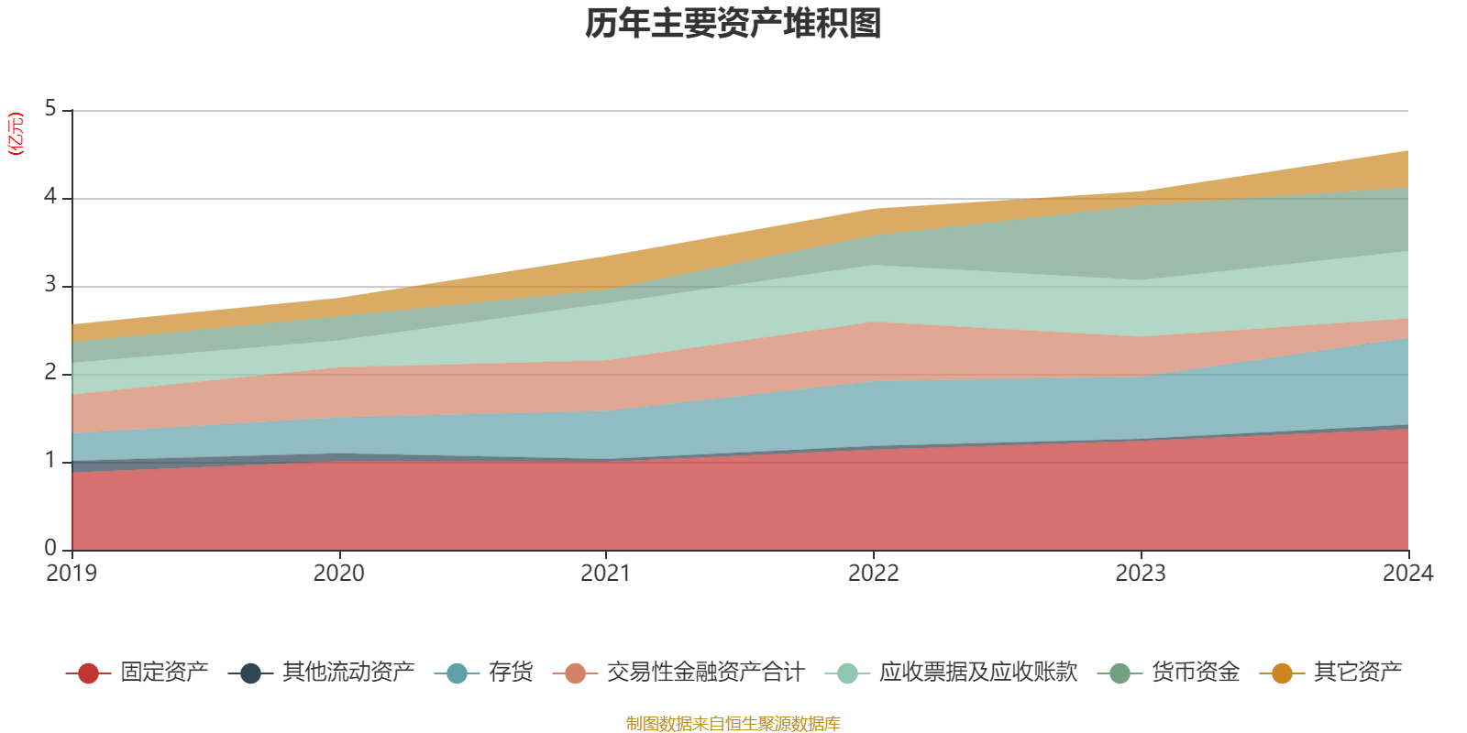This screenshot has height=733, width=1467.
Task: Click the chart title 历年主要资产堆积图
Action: tap(733, 24)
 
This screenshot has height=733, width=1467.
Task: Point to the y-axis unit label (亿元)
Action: tap(15, 134)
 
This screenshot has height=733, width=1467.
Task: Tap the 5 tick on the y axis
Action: tap(50, 109)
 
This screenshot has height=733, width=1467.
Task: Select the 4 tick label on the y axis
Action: tap(50, 196)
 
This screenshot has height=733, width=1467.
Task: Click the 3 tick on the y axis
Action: tap(50, 284)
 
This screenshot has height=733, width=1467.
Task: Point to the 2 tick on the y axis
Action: tap(50, 372)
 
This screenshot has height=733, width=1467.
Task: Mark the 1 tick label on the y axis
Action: tap(50, 460)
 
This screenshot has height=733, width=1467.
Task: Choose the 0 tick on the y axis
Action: tap(50, 548)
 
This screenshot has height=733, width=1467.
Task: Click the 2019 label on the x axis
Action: tap(72, 574)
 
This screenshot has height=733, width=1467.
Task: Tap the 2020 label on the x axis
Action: tap(338, 574)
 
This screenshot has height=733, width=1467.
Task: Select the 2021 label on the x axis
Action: tap(606, 574)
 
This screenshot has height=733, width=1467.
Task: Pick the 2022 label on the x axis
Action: tap(874, 574)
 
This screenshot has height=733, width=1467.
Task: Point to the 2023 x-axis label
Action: tap(1141, 574)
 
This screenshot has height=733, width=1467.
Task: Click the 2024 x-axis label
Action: tap(1408, 574)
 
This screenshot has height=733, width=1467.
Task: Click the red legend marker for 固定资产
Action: tap(88, 673)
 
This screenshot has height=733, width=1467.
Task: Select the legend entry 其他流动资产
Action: tap(322, 673)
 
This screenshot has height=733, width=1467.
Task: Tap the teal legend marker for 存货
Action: tap(457, 673)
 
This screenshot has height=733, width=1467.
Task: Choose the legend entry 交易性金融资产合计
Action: tap(678, 673)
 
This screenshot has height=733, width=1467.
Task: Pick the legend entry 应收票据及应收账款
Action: tap(951, 673)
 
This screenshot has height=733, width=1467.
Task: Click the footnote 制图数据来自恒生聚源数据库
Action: tap(733, 723)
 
